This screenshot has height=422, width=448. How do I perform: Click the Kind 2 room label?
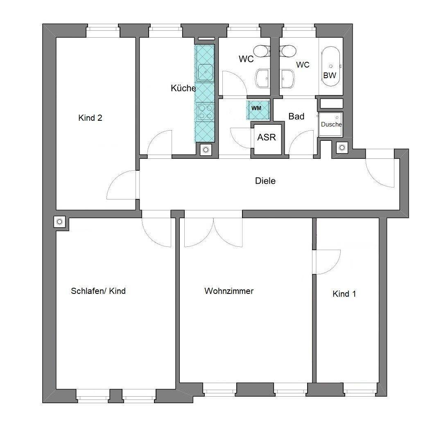[x=90, y=117]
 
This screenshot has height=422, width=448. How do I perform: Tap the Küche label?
[x=183, y=88]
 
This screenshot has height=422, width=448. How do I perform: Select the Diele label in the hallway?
[x=265, y=181]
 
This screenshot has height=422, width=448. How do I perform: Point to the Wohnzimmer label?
[x=229, y=291]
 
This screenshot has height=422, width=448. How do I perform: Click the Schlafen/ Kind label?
[x=98, y=291]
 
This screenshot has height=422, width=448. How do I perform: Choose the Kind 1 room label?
[x=344, y=294]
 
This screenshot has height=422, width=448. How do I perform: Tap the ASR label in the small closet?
[x=267, y=138]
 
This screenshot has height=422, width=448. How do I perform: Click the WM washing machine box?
[x=258, y=110]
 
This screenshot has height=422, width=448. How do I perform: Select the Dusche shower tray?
[x=330, y=124]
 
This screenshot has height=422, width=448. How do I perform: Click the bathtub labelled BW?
[x=330, y=67]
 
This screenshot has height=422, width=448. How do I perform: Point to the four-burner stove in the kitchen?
[x=205, y=112]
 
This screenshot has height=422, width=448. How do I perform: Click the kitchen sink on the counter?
[x=205, y=72]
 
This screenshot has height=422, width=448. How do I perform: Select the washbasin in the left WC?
[x=262, y=78]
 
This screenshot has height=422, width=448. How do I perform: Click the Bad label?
[x=296, y=117]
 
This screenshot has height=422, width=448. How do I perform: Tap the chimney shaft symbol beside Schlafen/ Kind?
[x=59, y=221]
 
